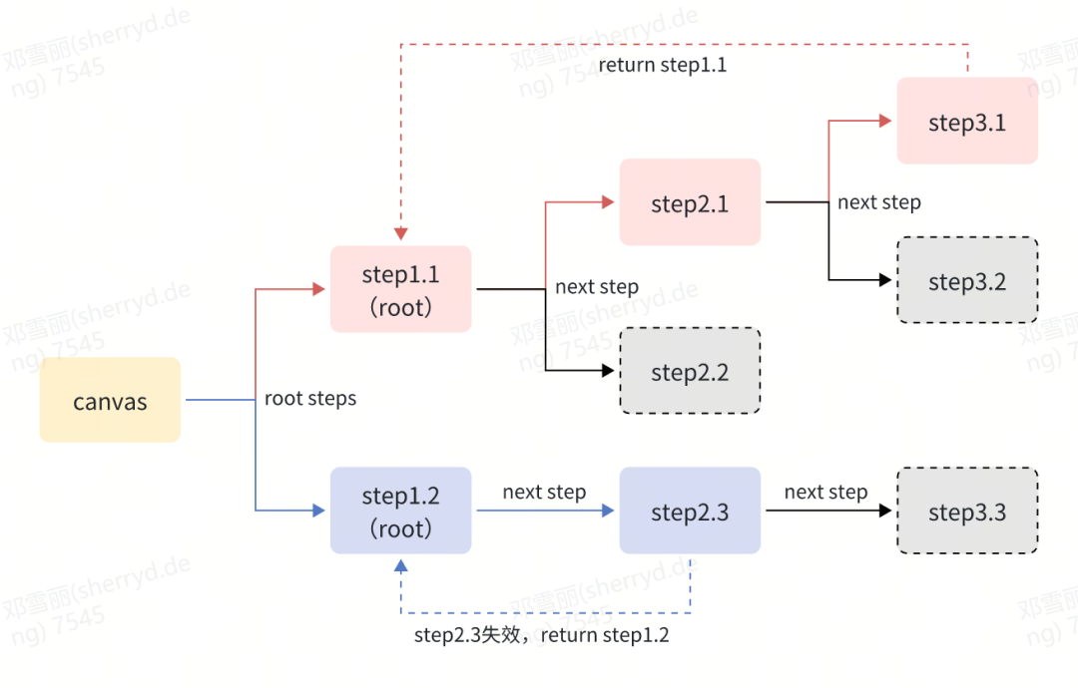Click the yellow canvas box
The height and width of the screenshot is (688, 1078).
(x=110, y=400)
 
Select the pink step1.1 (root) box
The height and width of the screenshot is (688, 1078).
(x=401, y=289)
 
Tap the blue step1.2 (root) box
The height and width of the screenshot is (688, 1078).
(x=401, y=511)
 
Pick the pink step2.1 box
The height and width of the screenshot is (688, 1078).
(x=691, y=201)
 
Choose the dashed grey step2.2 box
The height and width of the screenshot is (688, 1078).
(x=691, y=371)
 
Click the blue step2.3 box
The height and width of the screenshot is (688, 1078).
(x=691, y=511)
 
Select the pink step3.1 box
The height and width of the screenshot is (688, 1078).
(x=967, y=121)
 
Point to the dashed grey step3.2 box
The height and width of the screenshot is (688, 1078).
(x=967, y=280)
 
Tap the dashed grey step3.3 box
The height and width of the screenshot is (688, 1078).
(x=967, y=511)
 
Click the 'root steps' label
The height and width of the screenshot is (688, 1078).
(x=310, y=399)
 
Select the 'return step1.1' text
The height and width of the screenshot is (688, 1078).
(x=662, y=65)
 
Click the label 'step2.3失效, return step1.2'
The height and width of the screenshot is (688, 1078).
(x=542, y=635)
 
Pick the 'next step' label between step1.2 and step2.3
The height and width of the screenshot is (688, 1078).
(x=545, y=493)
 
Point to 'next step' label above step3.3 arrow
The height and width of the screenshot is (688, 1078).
(x=825, y=493)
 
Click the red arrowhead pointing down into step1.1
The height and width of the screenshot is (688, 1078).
(x=401, y=234)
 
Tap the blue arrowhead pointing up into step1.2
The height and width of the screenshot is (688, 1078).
(x=401, y=565)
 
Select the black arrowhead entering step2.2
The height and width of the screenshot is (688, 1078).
(x=608, y=371)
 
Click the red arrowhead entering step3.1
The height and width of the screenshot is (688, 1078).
(x=885, y=121)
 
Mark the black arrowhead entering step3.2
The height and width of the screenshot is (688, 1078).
(x=885, y=280)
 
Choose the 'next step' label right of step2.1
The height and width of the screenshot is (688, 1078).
(x=879, y=202)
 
